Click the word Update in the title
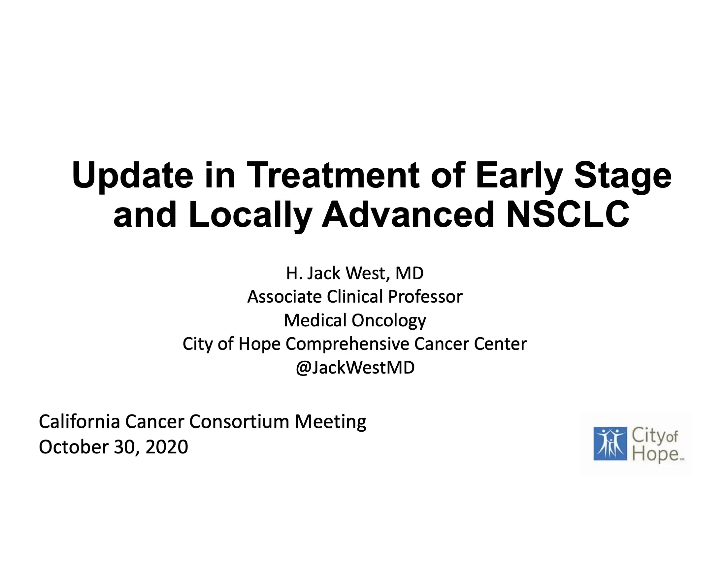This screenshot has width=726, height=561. click(x=132, y=176)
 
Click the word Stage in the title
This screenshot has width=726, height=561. click(x=623, y=176)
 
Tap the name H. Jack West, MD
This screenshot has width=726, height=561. click(x=355, y=273)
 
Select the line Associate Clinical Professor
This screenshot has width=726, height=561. click(x=355, y=296)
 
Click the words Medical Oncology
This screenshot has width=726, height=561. click(x=355, y=320)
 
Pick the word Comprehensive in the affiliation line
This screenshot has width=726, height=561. click(x=347, y=344)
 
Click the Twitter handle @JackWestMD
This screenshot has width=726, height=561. click(x=355, y=368)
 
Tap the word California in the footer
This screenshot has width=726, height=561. click(x=79, y=421)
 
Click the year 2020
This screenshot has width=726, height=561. click(x=167, y=447)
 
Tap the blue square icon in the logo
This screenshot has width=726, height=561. click(x=610, y=444)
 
